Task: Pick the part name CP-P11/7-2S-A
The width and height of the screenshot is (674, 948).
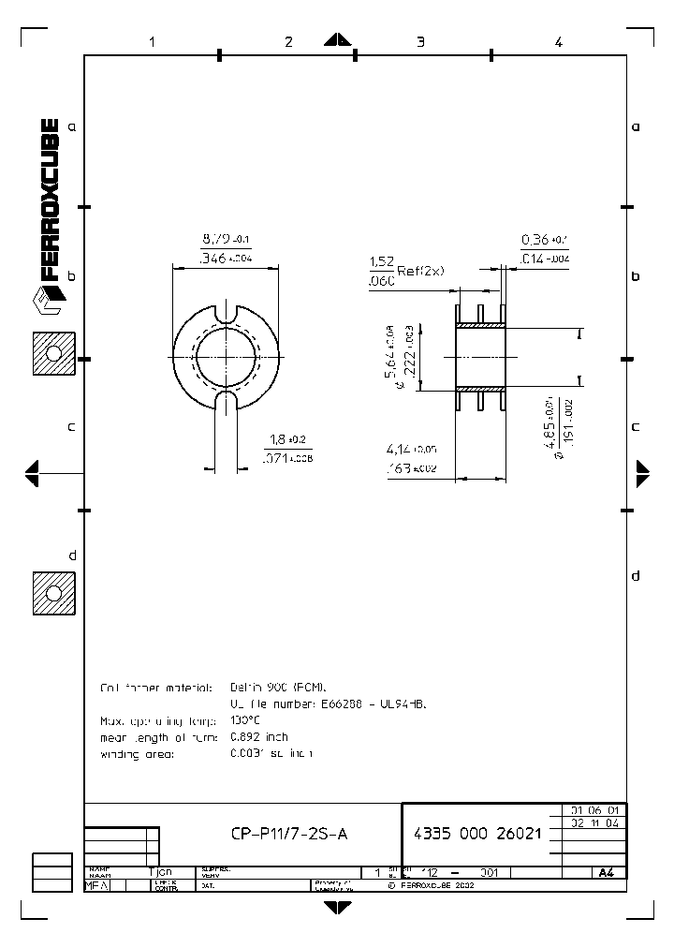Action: point(288,834)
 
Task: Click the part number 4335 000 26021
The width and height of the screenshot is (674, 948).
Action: point(477,834)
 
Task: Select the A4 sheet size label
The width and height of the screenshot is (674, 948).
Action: point(606,872)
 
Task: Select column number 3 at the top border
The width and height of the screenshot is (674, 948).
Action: point(420,41)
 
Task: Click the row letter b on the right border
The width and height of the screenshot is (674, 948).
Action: point(635,276)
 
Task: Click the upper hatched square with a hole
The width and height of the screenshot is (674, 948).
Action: point(53,354)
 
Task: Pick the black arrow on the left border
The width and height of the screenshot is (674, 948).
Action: point(32,473)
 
